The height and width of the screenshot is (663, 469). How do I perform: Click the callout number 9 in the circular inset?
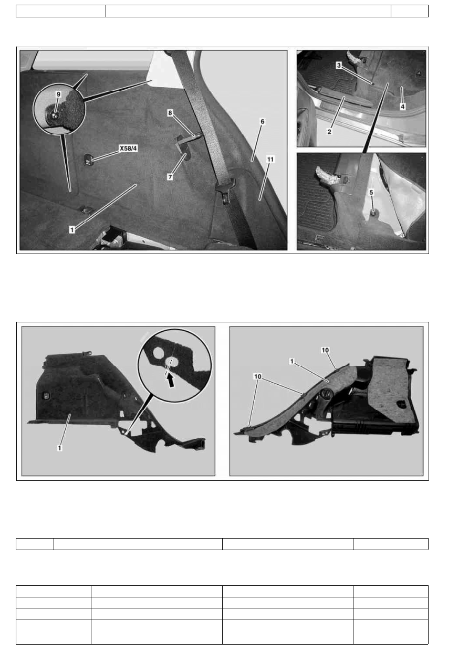58,94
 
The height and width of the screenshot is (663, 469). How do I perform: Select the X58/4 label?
128,148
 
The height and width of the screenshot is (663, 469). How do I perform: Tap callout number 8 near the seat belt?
170,113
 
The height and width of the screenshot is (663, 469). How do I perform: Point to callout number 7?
170,177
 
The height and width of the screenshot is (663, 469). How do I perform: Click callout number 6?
262,122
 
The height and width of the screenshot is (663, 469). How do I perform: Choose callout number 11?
270,159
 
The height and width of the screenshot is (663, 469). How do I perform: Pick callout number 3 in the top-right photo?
339,65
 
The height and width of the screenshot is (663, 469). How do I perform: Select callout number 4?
403,107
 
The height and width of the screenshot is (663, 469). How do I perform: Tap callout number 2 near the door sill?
329,132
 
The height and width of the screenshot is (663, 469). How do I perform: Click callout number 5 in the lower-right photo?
371,192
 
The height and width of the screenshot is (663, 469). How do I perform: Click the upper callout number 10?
325,350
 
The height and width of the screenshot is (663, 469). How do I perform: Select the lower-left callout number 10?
257,376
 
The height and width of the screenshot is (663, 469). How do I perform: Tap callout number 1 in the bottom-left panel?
59,448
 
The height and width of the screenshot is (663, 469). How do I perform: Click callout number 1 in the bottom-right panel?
292,361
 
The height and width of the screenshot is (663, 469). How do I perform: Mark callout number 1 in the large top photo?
72,230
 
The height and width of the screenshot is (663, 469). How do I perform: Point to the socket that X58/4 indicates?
88,161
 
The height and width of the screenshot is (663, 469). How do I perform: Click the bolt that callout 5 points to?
374,212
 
